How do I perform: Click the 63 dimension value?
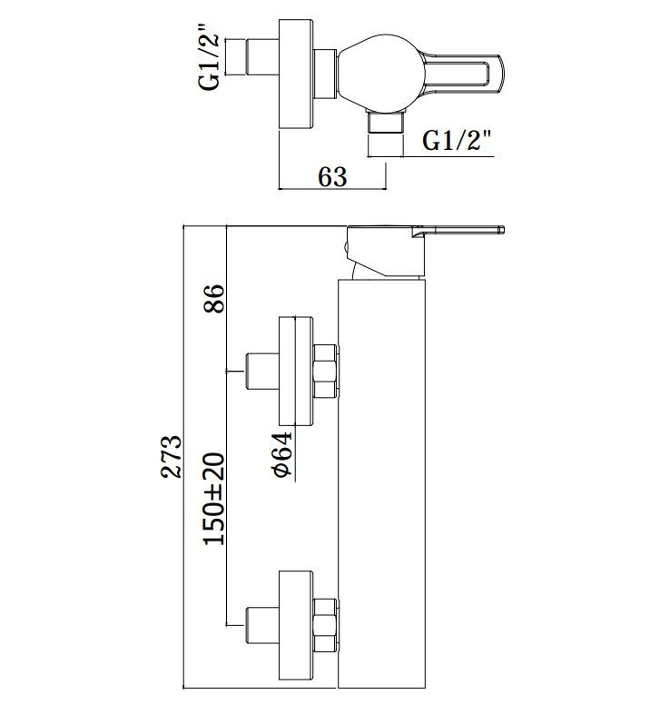tap(332, 176)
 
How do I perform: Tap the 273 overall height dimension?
tap(172, 456)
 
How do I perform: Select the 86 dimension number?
tap(214, 299)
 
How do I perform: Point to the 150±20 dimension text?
tap(214, 499)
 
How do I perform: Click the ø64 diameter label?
tap(281, 454)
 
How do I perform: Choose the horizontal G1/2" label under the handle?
tap(457, 140)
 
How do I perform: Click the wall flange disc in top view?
tap(296, 74)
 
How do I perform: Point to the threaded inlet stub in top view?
tap(261, 56)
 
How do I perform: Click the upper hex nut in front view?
tap(325, 371)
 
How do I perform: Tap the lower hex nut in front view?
tap(325, 625)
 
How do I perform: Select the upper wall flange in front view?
tap(296, 371)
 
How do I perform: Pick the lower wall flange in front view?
tap(296, 625)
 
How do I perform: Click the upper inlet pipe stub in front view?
tap(262, 372)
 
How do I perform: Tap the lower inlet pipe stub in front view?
tap(262, 625)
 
